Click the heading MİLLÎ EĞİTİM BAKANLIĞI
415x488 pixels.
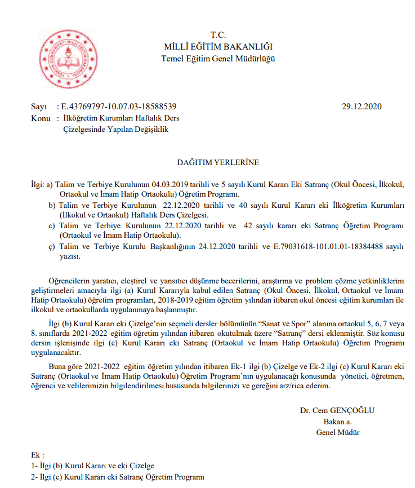(217, 46)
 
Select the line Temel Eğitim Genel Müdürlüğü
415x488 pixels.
(218, 58)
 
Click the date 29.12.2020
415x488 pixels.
(362, 107)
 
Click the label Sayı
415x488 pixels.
(39, 107)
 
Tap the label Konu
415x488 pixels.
(41, 118)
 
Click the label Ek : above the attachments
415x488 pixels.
(38, 454)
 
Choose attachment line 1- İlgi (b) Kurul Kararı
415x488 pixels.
(93, 466)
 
